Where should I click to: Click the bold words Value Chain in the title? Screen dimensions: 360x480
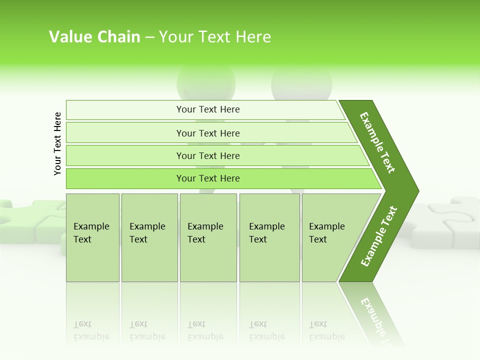pyautogui.click(x=94, y=37)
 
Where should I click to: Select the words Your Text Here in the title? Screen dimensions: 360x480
pyautogui.click(x=215, y=37)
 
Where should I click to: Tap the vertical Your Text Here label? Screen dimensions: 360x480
pyautogui.click(x=57, y=143)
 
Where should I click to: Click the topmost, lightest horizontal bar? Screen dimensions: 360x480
pyautogui.click(x=205, y=109)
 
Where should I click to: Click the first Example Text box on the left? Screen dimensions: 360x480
pyautogui.click(x=92, y=237)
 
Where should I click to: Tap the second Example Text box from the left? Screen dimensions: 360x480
pyautogui.click(x=149, y=237)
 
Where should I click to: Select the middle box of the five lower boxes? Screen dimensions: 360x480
pyautogui.click(x=208, y=237)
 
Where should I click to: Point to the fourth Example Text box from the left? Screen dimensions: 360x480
pyautogui.click(x=269, y=237)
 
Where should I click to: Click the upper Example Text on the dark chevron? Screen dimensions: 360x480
pyautogui.click(x=377, y=142)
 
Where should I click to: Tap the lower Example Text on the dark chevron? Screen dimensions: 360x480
pyautogui.click(x=379, y=236)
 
